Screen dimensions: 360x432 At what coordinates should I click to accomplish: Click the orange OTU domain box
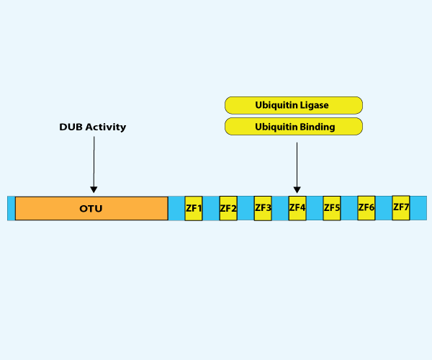(91, 208)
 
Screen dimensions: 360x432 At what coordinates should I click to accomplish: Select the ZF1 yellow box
(194, 208)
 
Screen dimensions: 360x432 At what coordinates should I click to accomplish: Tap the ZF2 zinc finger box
(228, 208)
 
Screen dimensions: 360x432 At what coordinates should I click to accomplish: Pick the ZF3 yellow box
(263, 208)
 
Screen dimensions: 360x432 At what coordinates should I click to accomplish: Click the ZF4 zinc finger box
(297, 207)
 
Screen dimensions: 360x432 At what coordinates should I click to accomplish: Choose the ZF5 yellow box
(332, 207)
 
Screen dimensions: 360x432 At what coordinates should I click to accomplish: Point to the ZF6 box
(366, 207)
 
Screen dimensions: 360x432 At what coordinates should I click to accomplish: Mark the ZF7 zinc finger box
(401, 207)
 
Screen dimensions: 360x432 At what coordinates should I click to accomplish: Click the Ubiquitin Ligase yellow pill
(293, 105)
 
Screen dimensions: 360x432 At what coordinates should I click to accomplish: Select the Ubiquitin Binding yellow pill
(293, 127)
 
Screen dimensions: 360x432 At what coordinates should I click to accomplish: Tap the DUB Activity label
(93, 127)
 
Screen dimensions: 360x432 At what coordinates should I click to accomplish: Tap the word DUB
(71, 127)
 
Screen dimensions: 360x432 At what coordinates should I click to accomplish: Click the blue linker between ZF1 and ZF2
(211, 208)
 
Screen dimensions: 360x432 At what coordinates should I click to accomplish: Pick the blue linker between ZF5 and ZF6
(349, 208)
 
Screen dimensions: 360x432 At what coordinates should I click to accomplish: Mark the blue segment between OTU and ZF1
(176, 208)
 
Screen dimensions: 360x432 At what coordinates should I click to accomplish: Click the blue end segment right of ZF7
(417, 208)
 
